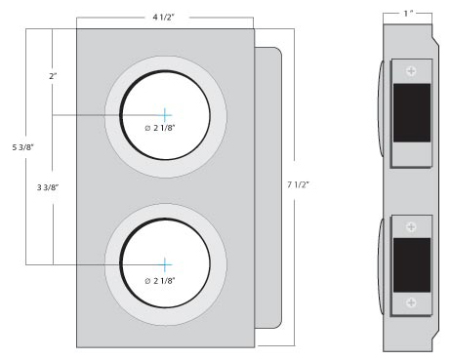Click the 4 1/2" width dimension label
coord(164,18)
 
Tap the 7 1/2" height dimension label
coord(298,184)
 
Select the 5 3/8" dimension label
coord(22,147)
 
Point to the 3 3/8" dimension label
coord(48,187)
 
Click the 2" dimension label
coord(53,76)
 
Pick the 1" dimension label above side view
coord(408,14)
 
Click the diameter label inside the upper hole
coord(160,128)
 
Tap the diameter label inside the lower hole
coord(160,281)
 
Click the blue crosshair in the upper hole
coord(165,115)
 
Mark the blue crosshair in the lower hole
coord(165,264)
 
